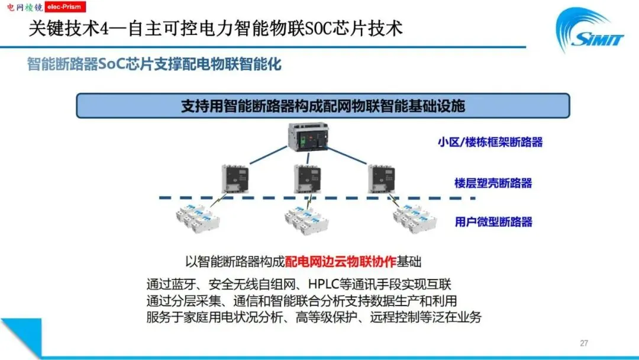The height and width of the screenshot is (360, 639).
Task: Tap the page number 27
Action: tap(584, 343)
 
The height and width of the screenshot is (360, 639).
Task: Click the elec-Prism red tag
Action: tap(65, 7)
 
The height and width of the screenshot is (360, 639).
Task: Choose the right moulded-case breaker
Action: tap(380, 179)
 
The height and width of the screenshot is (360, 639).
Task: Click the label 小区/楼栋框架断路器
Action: tap(490, 142)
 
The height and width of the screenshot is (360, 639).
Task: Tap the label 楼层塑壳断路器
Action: tap(493, 183)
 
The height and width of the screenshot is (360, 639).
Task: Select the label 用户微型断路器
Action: tap(493, 222)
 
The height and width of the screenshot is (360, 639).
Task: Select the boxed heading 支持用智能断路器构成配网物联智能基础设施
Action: tap(322, 106)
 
